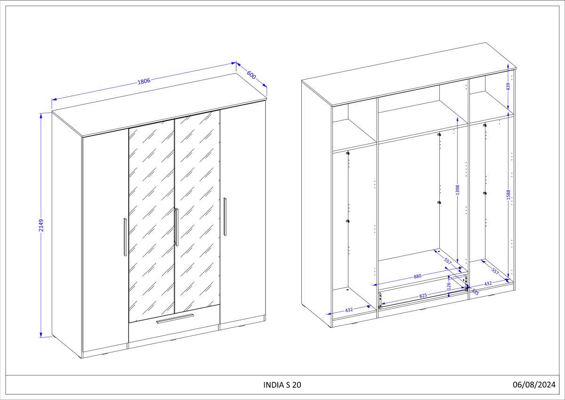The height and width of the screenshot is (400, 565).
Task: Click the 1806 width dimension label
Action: tap(144, 81)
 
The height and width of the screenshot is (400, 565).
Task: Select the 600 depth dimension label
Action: tap(251, 75)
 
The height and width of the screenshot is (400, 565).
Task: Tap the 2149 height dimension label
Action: tap(41, 225)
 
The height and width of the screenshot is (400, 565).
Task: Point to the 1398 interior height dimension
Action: tap(458, 190)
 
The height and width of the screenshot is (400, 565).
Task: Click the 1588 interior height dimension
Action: tap(508, 195)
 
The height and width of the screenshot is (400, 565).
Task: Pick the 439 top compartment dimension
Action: tap(508, 86)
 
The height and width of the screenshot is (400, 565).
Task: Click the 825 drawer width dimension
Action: tap(423, 295)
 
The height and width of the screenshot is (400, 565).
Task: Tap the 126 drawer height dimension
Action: tap(448, 286)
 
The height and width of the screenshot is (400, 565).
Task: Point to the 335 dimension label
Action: tap(475, 292)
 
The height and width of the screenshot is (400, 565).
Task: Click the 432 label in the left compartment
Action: tap(349, 310)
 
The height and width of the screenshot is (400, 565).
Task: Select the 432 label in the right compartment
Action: tap(488, 283)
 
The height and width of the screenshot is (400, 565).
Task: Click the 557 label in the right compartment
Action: tap(495, 271)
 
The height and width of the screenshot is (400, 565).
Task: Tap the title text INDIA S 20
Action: tap(282, 385)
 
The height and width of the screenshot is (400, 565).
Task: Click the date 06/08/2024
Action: tap(534, 384)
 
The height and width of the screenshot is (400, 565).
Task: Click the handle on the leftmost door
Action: tap(125, 237)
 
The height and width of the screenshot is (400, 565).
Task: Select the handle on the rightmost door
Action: tap(225, 217)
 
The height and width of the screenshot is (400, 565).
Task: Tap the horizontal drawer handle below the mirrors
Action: tap(175, 318)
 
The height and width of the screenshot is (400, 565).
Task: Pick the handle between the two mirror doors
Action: tap(176, 227)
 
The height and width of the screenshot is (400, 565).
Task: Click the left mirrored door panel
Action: tap(152, 220)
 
